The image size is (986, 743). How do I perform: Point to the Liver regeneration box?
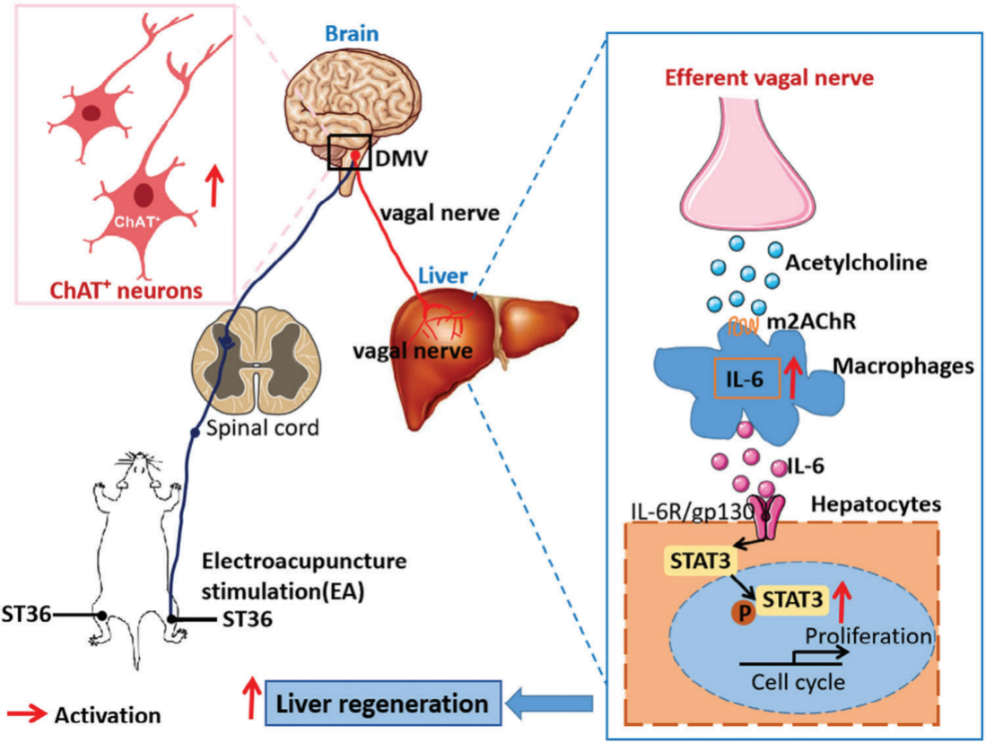[x=381, y=704]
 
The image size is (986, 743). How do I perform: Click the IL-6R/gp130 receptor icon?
[x=770, y=517]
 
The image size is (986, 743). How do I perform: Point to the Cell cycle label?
[x=797, y=681]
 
